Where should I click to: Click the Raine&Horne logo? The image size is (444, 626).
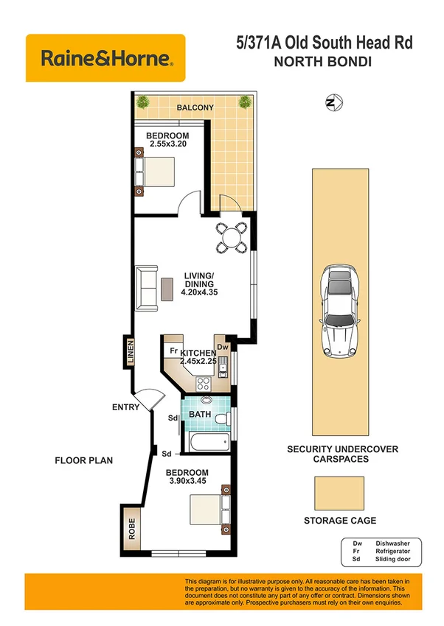point(105,57)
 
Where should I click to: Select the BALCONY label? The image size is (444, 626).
point(195,108)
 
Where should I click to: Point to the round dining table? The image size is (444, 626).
point(232,238)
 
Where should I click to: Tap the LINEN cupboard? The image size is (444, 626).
point(130,353)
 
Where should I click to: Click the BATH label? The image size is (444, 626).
point(200,415)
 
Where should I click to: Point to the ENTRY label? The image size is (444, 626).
point(126,407)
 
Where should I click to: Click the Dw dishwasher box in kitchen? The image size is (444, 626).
point(222,345)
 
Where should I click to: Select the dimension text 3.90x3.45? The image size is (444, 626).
point(187,482)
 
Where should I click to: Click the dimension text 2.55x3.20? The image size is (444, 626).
point(167,145)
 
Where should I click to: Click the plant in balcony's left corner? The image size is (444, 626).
point(142,102)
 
